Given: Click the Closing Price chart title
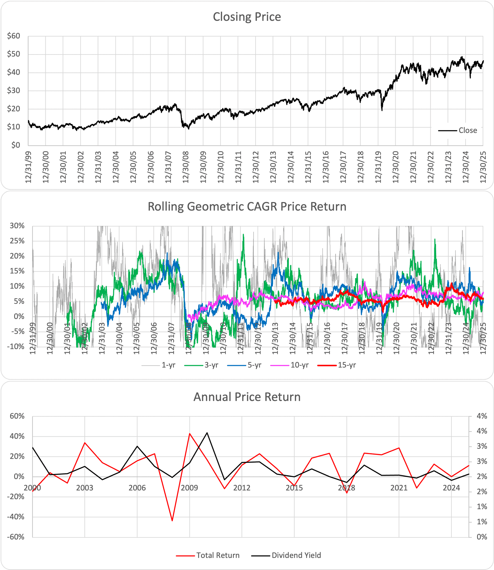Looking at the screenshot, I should pyautogui.click(x=247, y=17).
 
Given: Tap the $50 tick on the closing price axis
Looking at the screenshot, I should pyautogui.click(x=13, y=54).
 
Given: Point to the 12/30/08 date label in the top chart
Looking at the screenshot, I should pyautogui.click(x=186, y=167).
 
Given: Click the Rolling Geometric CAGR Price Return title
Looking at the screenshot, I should pyautogui.click(x=247, y=207).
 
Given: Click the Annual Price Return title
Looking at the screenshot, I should pyautogui.click(x=247, y=397).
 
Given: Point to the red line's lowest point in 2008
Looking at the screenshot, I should pyautogui.click(x=172, y=521).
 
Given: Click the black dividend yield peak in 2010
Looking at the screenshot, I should pyautogui.click(x=207, y=433).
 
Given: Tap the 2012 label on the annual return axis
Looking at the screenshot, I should pyautogui.click(x=242, y=488).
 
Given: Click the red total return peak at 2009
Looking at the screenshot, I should pyautogui.click(x=190, y=433).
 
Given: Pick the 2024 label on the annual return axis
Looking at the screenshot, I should pyautogui.click(x=451, y=488).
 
